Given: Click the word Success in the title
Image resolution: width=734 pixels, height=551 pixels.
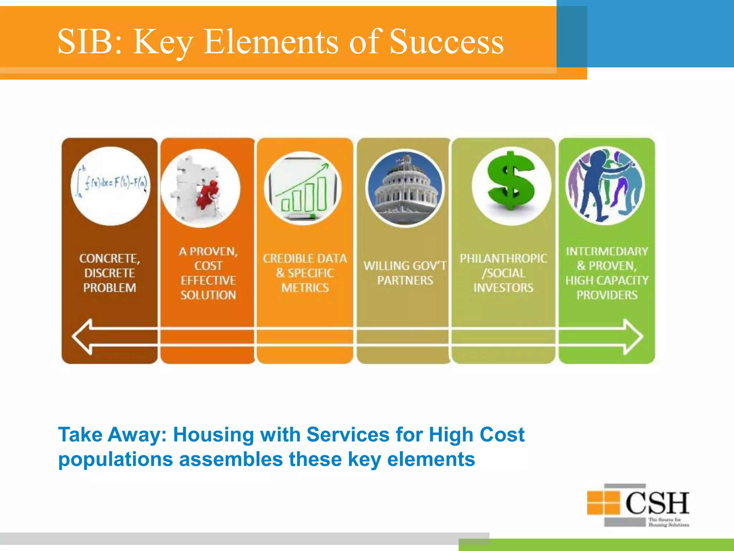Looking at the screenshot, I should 446,42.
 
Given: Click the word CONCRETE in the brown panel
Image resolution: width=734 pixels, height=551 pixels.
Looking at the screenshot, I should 109,259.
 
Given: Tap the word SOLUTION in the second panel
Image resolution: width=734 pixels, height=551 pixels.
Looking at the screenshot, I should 208,295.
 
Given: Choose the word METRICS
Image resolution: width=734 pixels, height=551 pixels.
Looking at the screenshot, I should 305,288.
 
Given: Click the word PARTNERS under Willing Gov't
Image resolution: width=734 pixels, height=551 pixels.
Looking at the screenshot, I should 405,281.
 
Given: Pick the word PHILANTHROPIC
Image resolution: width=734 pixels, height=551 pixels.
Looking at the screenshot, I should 503,259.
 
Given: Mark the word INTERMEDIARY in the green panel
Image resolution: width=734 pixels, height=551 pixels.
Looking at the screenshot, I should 607,251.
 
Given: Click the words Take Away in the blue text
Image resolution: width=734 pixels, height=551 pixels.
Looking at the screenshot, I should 111,435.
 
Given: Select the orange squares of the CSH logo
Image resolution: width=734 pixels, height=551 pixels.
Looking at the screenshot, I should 604,502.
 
